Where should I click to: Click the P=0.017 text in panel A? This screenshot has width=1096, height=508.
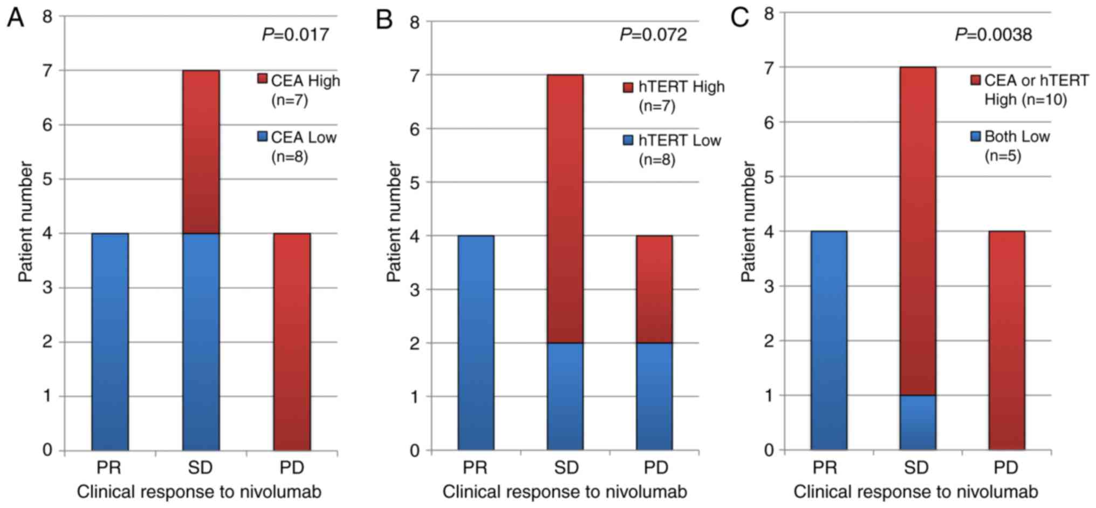click(296, 35)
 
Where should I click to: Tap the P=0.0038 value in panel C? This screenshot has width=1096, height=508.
click(993, 35)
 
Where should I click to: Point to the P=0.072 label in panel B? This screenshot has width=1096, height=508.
click(653, 35)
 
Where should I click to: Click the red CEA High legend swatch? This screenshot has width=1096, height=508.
click(263, 79)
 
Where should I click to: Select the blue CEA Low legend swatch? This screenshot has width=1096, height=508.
click(263, 136)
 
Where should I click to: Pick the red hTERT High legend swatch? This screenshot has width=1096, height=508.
click(628, 87)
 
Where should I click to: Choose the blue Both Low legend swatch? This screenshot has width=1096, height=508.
click(975, 136)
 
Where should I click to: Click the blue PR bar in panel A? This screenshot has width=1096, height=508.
click(110, 341)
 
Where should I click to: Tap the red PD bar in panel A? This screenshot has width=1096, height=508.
click(292, 341)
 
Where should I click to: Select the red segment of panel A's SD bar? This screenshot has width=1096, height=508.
click(201, 152)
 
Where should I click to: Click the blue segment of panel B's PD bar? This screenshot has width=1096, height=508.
click(654, 396)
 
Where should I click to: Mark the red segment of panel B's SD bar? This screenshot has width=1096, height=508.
click(565, 208)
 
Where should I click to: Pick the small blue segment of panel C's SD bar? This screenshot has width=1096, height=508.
click(917, 422)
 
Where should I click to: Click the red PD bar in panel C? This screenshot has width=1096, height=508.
click(1006, 340)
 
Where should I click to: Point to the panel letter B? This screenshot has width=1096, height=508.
click(384, 20)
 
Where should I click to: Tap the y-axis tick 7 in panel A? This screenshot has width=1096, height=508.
click(47, 71)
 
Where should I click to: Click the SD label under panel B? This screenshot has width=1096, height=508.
click(566, 468)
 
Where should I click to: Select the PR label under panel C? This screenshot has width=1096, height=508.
click(825, 468)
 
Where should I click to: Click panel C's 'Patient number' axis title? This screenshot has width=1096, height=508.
click(748, 221)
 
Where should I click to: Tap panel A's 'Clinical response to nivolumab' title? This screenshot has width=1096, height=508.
click(199, 492)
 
